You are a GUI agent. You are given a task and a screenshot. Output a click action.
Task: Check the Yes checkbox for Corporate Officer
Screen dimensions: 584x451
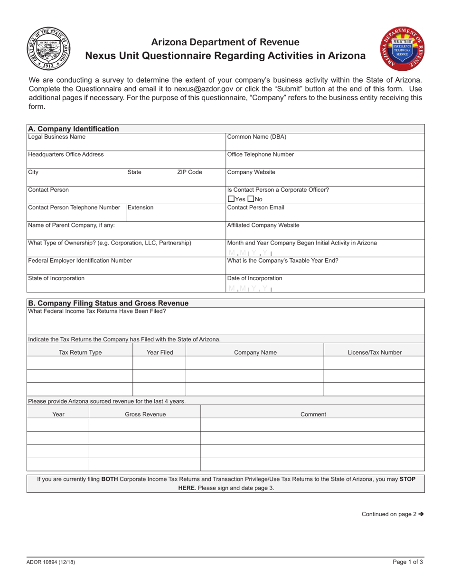coord(232,199)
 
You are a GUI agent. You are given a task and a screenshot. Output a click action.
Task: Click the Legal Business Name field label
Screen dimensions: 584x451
coord(57,137)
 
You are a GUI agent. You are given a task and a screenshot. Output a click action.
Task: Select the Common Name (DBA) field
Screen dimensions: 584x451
coord(325,141)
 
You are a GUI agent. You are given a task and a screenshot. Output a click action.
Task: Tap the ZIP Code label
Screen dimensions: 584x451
coord(189,172)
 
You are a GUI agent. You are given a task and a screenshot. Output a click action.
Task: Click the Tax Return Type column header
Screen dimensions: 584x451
coord(80,352)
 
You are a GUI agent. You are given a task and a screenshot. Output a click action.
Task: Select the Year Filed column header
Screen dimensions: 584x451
coord(160,352)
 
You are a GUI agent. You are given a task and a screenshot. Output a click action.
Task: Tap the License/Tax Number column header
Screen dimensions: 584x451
coord(375,352)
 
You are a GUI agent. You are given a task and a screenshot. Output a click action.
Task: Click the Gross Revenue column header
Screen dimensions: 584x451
coord(145,414)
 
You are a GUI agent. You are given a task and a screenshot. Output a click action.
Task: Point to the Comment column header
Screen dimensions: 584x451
coord(313,414)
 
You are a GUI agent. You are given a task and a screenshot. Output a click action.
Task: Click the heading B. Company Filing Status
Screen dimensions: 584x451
coord(108,303)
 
